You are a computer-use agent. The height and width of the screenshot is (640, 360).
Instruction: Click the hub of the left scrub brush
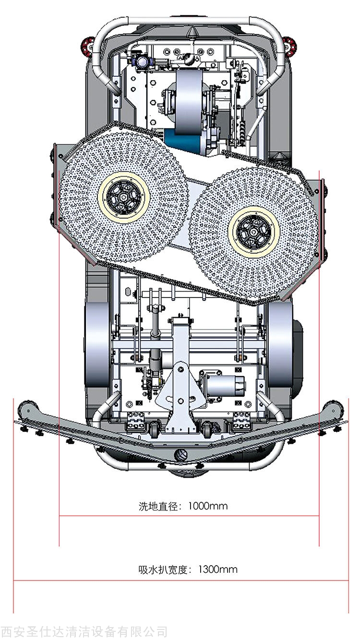pyautogui.click(x=123, y=198)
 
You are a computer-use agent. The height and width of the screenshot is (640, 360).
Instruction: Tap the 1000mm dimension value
pyautogui.click(x=208, y=506)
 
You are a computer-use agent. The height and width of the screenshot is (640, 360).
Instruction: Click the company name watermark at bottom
pyautogui.click(x=84, y=631)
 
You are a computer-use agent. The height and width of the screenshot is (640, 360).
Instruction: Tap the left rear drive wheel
pyautogui.click(x=96, y=345)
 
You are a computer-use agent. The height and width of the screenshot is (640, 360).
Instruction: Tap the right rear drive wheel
pyautogui.click(x=280, y=345)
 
